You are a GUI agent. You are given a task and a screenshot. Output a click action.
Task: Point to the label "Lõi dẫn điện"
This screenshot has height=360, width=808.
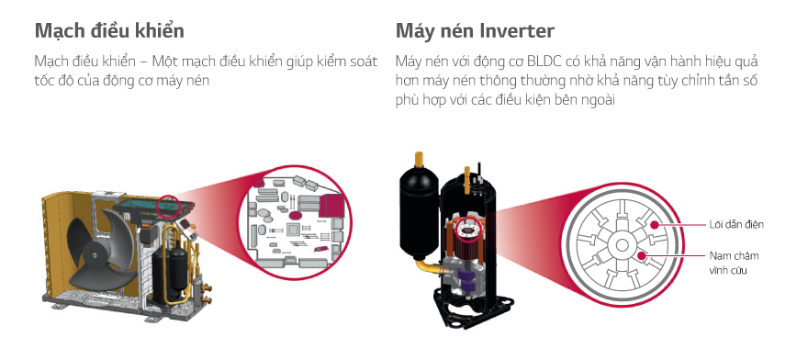[x=736, y=224]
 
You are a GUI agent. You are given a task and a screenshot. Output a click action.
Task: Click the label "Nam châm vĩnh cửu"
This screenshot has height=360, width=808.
[x=734, y=263]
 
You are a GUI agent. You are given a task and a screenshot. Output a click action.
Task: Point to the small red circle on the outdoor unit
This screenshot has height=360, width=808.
[x=167, y=205]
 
